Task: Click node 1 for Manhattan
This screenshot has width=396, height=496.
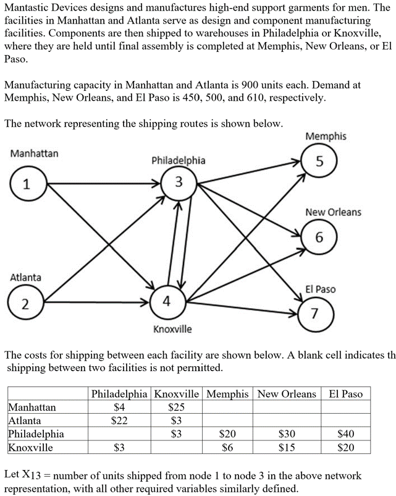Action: pos(25,184)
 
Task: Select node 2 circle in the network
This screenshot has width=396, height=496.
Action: pos(25,304)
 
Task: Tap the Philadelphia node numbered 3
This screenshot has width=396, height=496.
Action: pos(179,183)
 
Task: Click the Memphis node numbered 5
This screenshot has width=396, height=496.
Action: pos(319,163)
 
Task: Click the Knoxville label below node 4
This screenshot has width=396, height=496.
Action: pos(172,329)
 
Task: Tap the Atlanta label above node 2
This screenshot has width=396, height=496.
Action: pos(25,278)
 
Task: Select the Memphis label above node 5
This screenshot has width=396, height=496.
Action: pos(326,136)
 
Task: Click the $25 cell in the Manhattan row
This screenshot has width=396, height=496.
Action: pos(176,407)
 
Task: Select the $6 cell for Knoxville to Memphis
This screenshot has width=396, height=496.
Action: pos(227,447)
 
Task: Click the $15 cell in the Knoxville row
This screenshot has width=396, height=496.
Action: pos(286,447)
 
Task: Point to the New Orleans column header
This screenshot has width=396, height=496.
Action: pos(287,394)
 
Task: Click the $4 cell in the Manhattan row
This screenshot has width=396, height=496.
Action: pos(119,407)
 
